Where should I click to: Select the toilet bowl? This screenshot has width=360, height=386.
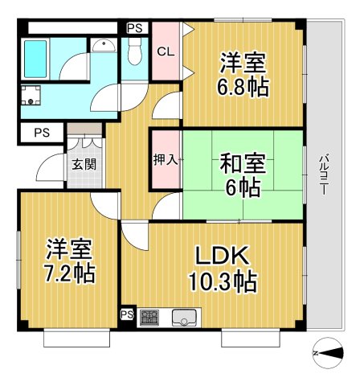pyautogui.click(x=133, y=51)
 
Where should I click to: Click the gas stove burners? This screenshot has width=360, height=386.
pyautogui.click(x=150, y=317)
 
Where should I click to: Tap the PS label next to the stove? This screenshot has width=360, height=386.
pyautogui.click(x=127, y=314)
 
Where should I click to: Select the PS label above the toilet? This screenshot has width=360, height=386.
pyautogui.click(x=134, y=27)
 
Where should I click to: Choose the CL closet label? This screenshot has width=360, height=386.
pyautogui.click(x=165, y=51)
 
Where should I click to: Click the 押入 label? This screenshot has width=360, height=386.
pyautogui.click(x=166, y=159)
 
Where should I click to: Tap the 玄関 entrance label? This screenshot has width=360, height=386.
pyautogui.click(x=82, y=166)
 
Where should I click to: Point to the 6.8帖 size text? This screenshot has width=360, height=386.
pyautogui.click(x=242, y=87)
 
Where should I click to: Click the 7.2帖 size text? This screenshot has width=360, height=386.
pyautogui.click(x=69, y=273)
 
